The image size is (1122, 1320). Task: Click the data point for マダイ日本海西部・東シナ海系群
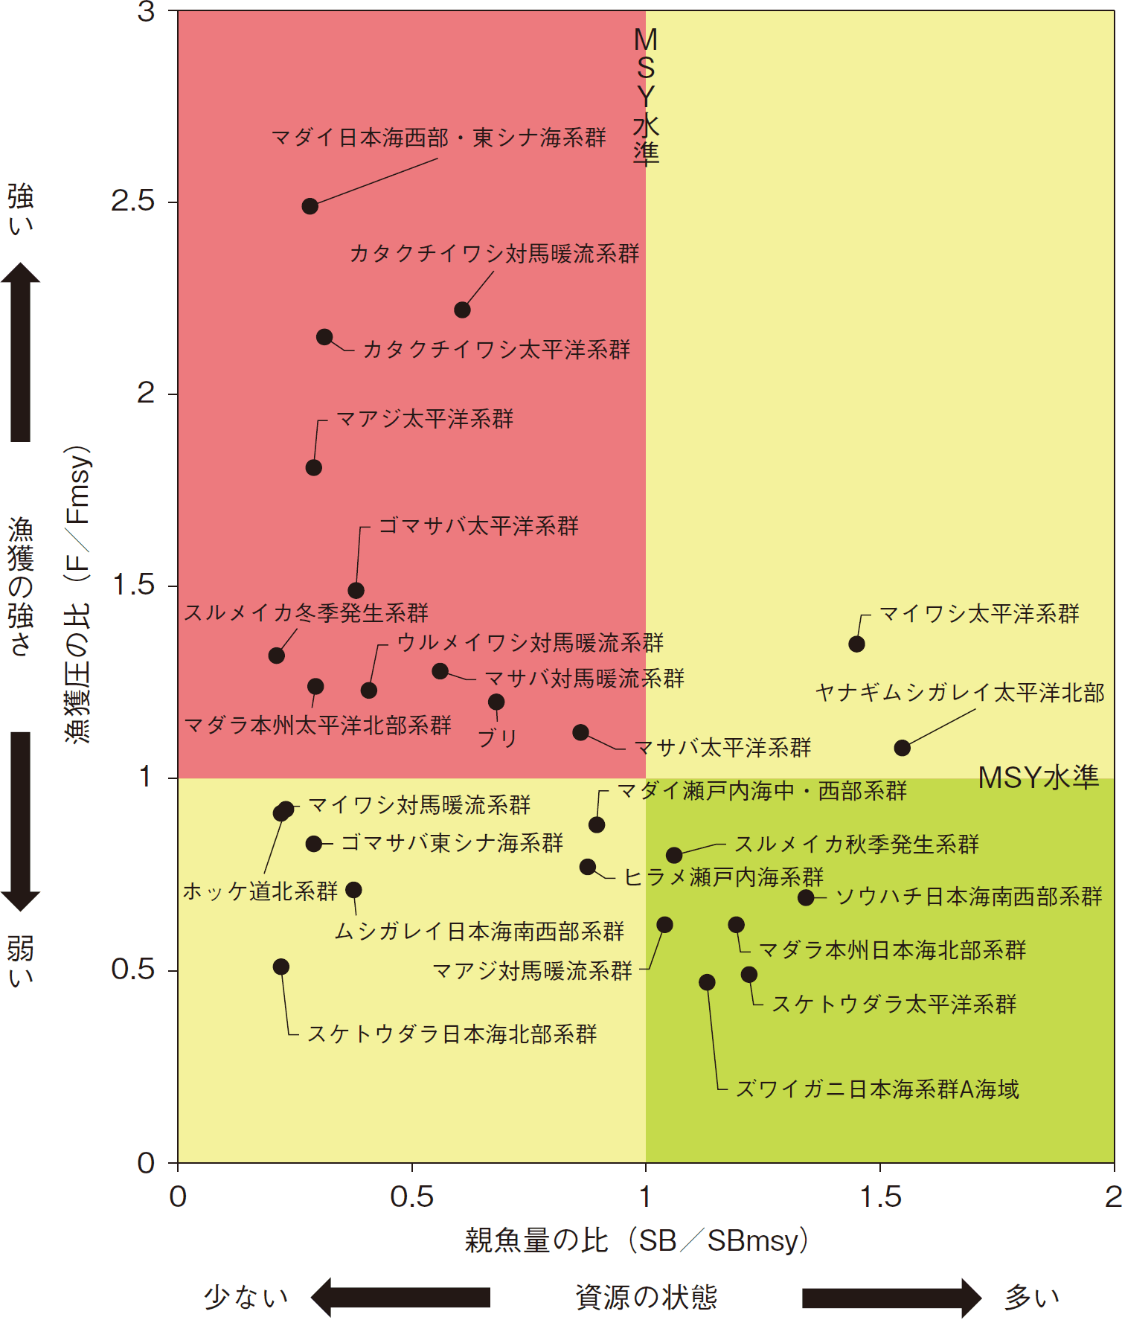pyautogui.click(x=310, y=206)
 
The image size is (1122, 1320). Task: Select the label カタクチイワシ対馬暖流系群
pyautogui.click(x=494, y=254)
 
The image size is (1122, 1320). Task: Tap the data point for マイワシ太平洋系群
pyautogui.click(x=856, y=644)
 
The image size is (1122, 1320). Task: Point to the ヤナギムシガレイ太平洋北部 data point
pyautogui.click(x=902, y=747)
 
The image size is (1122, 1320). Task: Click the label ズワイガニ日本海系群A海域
pyautogui.click(x=876, y=1089)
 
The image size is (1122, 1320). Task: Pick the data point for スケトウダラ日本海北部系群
pyautogui.click(x=280, y=967)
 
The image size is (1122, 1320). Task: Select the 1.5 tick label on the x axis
pyautogui.click(x=879, y=1197)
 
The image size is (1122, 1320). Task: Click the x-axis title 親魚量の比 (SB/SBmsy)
pyautogui.click(x=636, y=1240)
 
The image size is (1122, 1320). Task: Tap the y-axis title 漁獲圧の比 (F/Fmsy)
pyautogui.click(x=77, y=595)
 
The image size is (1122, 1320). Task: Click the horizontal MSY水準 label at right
pyautogui.click(x=1038, y=778)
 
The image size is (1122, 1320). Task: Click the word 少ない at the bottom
pyautogui.click(x=246, y=1298)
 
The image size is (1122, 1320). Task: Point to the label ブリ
pyautogui.click(x=497, y=738)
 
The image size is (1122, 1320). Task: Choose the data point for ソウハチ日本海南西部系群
pyautogui.click(x=806, y=897)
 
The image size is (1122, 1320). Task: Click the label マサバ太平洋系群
pyautogui.click(x=722, y=748)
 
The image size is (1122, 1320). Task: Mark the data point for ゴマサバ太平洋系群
pyautogui.click(x=356, y=590)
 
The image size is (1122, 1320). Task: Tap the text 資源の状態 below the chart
pyautogui.click(x=646, y=1298)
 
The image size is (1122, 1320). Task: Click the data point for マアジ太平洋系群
pyautogui.click(x=313, y=467)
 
